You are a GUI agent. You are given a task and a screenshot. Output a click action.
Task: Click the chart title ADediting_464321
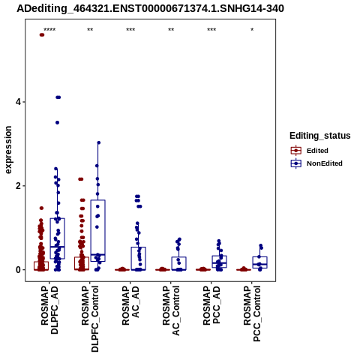tap(150, 9)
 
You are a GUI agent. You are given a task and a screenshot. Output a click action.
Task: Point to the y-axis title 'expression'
tap(8, 150)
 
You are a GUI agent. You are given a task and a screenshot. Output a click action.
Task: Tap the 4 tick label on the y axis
tap(18, 102)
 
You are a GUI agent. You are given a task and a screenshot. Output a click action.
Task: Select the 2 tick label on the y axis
tap(18, 186)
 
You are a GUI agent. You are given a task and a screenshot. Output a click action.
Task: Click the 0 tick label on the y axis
tap(18, 270)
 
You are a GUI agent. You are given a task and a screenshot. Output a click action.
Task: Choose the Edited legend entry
tap(310, 151)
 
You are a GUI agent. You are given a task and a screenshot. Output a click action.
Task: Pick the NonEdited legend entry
tap(316, 163)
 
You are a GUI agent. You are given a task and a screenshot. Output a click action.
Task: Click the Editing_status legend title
tap(320, 136)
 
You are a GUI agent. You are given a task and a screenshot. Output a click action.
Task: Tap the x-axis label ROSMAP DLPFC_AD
tap(49, 310)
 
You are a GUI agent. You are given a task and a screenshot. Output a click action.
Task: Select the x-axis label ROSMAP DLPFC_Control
tap(90, 319)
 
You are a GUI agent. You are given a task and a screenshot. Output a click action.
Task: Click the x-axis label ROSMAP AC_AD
tap(130, 305)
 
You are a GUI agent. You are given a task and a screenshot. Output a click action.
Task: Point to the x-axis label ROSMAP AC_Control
tap(171, 310)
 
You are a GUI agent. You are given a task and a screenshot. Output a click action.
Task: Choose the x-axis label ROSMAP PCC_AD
tap(211, 305)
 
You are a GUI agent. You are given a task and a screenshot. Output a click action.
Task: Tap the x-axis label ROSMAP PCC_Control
tap(252, 313)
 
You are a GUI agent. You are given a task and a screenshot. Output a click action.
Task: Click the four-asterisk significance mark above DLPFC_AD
tap(49, 30)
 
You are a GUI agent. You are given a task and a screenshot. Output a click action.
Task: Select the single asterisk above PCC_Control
tap(252, 30)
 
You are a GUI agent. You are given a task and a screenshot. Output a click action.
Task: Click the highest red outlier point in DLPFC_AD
tap(42, 34)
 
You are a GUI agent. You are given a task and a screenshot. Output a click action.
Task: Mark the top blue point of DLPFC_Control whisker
tap(98, 142)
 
